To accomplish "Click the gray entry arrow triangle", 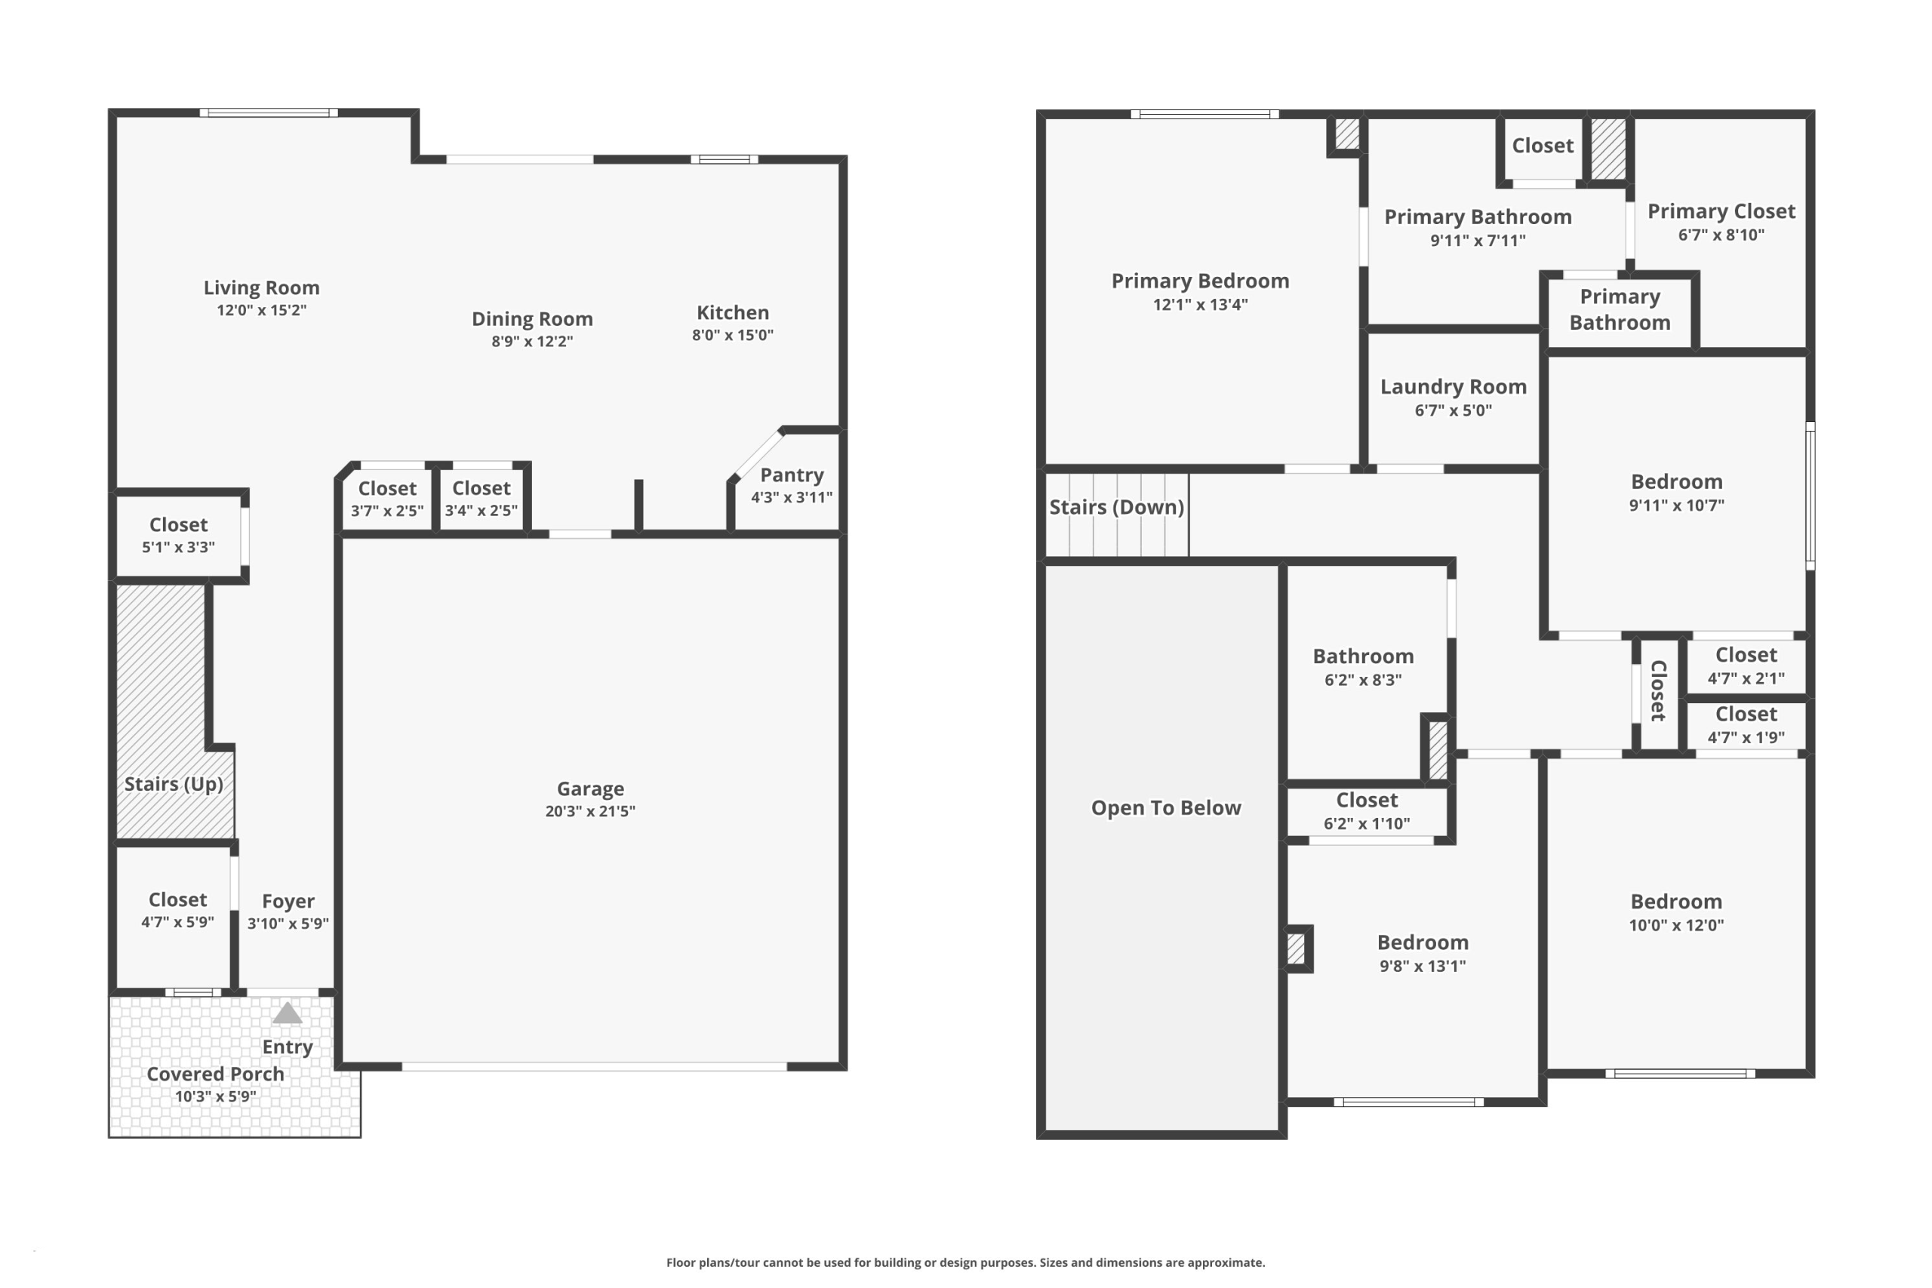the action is coord(287,1013).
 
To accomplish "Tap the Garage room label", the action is coord(591,788).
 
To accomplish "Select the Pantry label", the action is coord(792,475).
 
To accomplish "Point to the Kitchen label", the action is coord(733,312).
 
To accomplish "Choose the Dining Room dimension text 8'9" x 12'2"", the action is coord(532,341).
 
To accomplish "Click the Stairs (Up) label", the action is coord(174,784).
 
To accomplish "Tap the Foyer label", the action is coord(288,901).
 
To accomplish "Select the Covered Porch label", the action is coord(215,1074).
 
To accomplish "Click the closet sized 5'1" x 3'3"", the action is coord(178,535).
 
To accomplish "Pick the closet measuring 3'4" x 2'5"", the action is coord(481,498).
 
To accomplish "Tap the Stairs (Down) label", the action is coord(1116,507).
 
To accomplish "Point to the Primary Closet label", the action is coord(1721,211).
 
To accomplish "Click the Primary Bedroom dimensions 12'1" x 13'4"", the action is coord(1200,304).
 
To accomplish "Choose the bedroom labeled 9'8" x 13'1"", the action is coord(1423,953).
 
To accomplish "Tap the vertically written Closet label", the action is coord(1659,691).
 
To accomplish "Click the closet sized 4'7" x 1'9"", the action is coord(1746,725).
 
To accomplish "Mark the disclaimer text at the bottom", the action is coord(965,1262).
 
